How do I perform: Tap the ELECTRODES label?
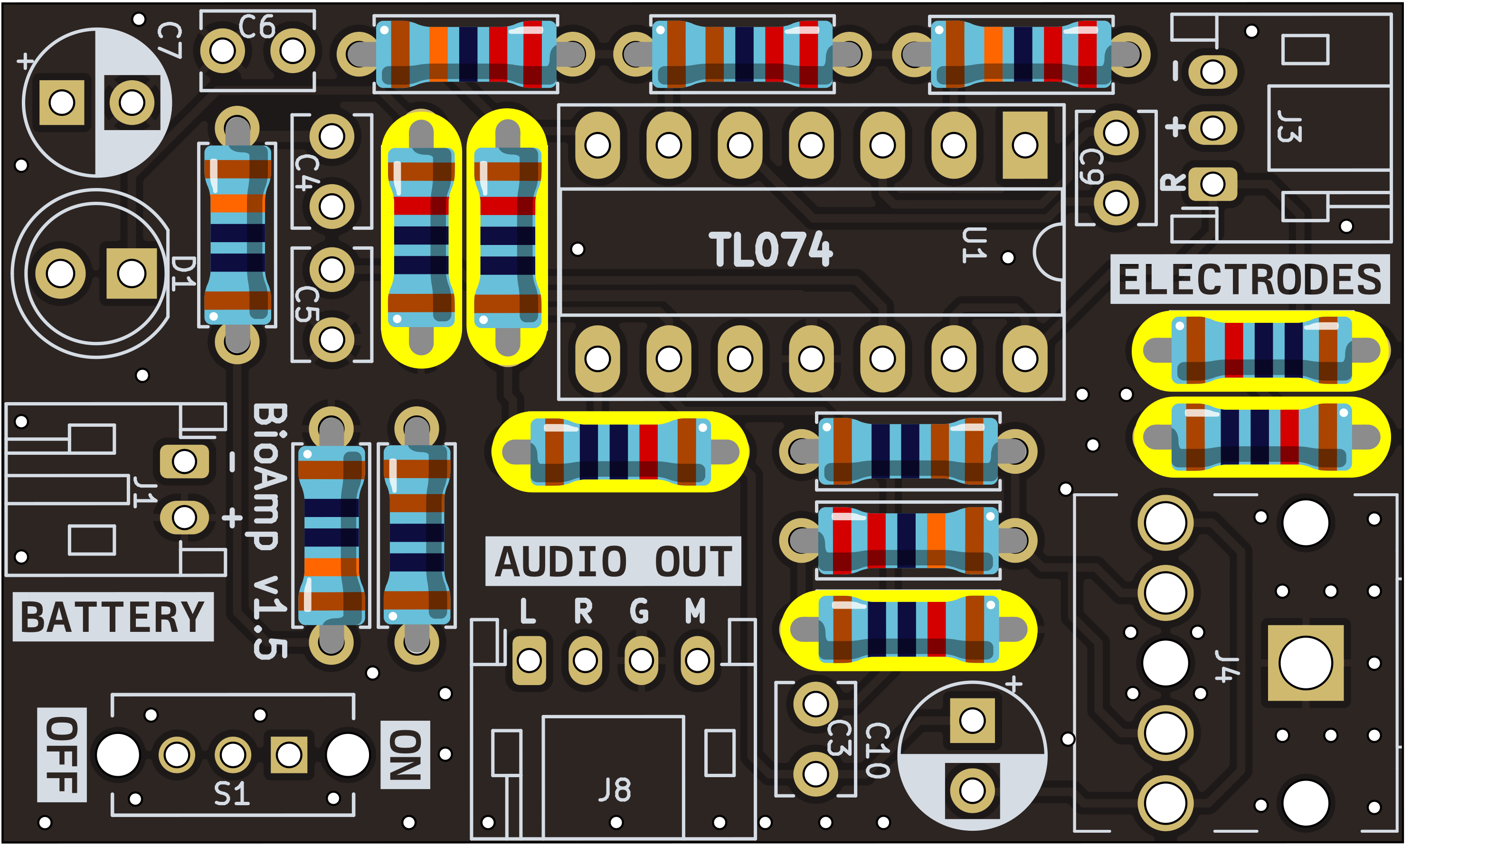pos(1250,280)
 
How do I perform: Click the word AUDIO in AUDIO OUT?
pos(561,562)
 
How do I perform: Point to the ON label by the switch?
pos(405,755)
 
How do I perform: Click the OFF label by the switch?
pos(62,755)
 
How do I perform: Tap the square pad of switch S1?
pos(289,755)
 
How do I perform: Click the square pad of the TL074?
pos(1025,145)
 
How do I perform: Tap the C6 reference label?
pos(256,27)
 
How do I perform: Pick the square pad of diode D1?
pos(132,273)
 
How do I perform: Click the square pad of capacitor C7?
pos(62,103)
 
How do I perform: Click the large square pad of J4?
pos(1306,663)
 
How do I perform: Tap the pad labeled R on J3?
pos(1212,185)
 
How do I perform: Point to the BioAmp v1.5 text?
pos(270,532)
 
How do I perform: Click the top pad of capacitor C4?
pos(332,137)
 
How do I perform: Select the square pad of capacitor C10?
pos(972,721)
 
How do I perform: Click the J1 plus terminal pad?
pos(184,517)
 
